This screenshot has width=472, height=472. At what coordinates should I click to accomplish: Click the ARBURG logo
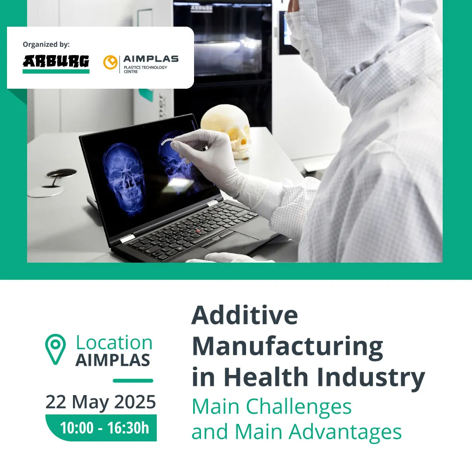click(56, 64)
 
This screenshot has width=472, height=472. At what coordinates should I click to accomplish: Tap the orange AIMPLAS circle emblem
click(110, 62)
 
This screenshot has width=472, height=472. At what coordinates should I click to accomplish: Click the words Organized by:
click(46, 45)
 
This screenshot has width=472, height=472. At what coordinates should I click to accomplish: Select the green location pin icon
click(56, 349)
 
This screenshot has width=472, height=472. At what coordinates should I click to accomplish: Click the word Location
click(114, 343)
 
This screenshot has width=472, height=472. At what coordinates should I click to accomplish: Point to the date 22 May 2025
click(101, 402)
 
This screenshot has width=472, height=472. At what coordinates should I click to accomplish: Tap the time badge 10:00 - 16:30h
click(101, 428)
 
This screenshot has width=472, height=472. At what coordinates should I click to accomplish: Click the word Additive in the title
click(245, 315)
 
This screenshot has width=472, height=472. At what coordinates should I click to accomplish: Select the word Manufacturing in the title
click(288, 347)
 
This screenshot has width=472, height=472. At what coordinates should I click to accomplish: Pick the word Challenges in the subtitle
click(298, 407)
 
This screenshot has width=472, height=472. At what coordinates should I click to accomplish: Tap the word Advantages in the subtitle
click(345, 432)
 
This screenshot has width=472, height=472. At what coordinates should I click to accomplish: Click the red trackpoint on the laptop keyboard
click(198, 231)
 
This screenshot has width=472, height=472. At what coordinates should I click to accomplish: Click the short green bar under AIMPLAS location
click(133, 381)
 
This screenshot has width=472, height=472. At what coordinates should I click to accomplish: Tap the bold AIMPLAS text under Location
click(113, 360)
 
